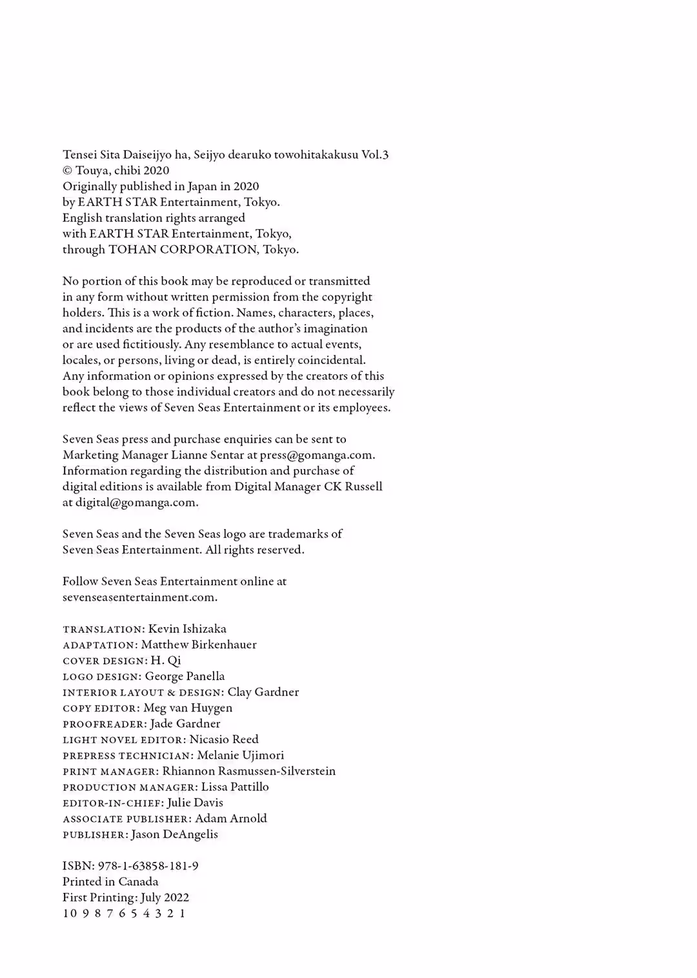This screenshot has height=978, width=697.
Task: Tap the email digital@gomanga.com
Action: pyautogui.click(x=136, y=503)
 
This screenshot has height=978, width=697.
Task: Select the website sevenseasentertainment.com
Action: pyautogui.click(x=139, y=597)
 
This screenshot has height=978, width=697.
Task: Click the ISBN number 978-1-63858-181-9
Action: pyautogui.click(x=148, y=866)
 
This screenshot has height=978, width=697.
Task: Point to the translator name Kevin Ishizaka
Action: pyautogui.click(x=187, y=629)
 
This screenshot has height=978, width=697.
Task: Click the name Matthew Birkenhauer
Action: pyautogui.click(x=199, y=644)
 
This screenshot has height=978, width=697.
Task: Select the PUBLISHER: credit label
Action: pyautogui.click(x=95, y=835)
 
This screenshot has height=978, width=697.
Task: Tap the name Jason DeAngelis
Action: pyautogui.click(x=174, y=834)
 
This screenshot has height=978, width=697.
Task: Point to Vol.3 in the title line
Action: pyautogui.click(x=375, y=155)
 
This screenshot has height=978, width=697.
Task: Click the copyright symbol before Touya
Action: pyautogui.click(x=67, y=171)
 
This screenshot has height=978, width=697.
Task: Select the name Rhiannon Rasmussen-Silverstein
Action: pyautogui.click(x=248, y=771)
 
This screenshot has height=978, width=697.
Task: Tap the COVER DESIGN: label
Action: pyautogui.click(x=105, y=661)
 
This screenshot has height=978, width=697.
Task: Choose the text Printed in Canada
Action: pyautogui.click(x=110, y=882)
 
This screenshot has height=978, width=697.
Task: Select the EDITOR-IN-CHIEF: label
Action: pyautogui.click(x=113, y=803)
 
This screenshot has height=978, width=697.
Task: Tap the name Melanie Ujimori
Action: pyautogui.click(x=240, y=755)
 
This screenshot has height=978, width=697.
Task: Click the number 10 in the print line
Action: pyautogui.click(x=69, y=913)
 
